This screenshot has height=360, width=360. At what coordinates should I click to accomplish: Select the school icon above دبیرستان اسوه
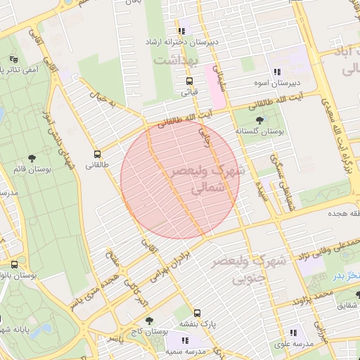pyautogui.click(x=277, y=72)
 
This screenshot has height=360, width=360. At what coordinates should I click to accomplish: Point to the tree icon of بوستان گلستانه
pyautogui.click(x=260, y=120)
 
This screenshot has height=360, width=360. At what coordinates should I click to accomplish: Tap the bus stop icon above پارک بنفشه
pyautogui.click(x=197, y=313)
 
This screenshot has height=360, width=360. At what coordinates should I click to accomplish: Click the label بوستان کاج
pyautogui.click(x=153, y=330)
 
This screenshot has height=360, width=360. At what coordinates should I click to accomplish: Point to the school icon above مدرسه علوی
pyautogui.click(x=293, y=333)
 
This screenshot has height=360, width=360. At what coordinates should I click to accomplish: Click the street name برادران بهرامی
pyautogui.click(x=172, y=259)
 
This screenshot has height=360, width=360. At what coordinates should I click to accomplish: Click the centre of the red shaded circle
pyautogui.click(x=180, y=179)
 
